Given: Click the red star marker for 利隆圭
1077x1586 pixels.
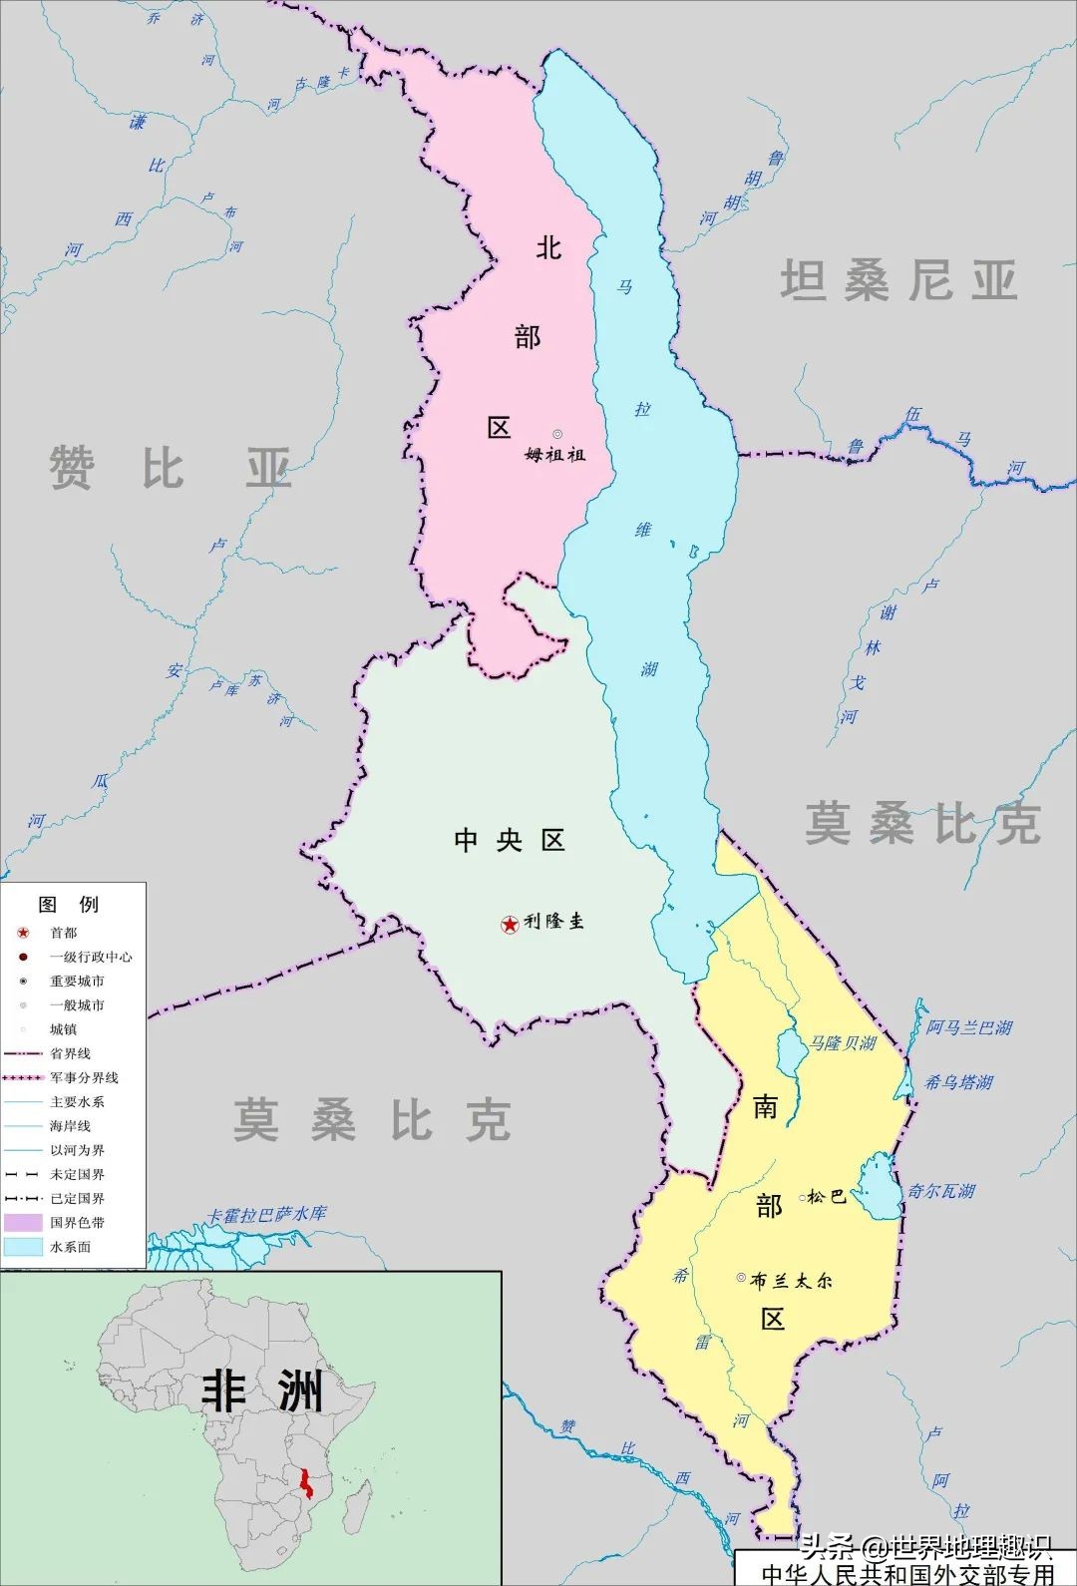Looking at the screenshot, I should coord(510,925).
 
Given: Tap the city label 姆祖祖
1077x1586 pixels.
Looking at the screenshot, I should coord(555,454).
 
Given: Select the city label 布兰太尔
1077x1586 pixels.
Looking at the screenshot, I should coord(791,1280).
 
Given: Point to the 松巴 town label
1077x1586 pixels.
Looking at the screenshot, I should coord(827,1196).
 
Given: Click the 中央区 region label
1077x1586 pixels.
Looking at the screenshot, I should coord(510,840).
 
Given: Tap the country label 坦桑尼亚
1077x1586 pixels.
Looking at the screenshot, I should coord(898,280).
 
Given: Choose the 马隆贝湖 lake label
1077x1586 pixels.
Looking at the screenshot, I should coord(843,1043).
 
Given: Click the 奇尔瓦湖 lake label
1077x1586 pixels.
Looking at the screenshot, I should coord(941,1191).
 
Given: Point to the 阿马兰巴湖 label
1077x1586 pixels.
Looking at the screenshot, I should coord(969,1027).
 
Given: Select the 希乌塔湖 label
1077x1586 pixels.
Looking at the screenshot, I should coord(958,1081).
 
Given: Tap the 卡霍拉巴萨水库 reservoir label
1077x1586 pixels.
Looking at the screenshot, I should coord(266,1215).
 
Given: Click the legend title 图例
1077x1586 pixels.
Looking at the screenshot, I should coord(69,904).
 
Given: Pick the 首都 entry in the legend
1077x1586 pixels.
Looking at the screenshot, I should coord(63,933).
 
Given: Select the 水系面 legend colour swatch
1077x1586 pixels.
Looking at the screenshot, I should coord(23,1247).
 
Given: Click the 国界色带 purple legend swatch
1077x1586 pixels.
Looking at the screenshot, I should coord(23,1222).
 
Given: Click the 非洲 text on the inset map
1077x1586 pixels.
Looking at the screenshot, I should coord(262,1390).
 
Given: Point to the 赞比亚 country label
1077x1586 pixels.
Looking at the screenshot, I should coord(171,468).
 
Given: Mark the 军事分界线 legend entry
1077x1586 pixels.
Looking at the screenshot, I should coord(84,1077).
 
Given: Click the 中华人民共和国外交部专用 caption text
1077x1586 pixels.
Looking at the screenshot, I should coord(907,1574).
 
